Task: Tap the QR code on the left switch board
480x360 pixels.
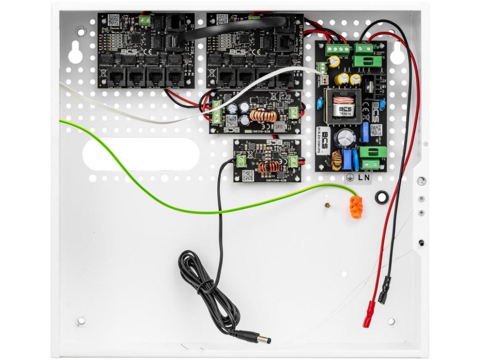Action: pyautogui.click(x=113, y=20)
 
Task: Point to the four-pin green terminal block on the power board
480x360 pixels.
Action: pyautogui.click(x=337, y=49)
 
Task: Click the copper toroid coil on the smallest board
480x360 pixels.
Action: pyautogui.click(x=269, y=166)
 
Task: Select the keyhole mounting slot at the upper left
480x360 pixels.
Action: pyautogui.click(x=75, y=53)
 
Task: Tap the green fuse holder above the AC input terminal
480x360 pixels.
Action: pyautogui.click(x=374, y=152)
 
